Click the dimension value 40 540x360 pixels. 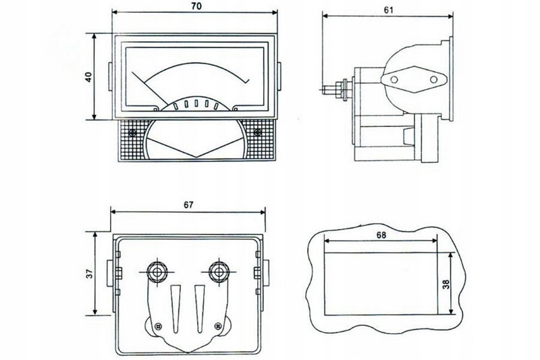coord(88,76)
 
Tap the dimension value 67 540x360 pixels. coord(187,205)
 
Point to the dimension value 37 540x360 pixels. coord(88,274)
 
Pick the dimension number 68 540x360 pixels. coord(382,234)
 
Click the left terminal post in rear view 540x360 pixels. coord(157,272)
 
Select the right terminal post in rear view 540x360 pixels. coord(217,272)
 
